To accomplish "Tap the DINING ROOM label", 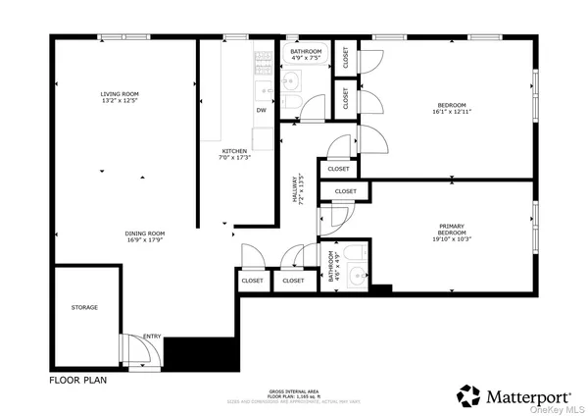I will [144, 232].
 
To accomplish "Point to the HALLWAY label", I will [295, 188].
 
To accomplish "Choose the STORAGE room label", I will [84, 307].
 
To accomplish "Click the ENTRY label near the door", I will [152, 337].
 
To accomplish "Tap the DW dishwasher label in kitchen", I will [261, 110].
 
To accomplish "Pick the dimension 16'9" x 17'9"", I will [144, 239].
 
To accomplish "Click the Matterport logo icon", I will [469, 394].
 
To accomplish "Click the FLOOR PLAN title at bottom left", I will [77, 378].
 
